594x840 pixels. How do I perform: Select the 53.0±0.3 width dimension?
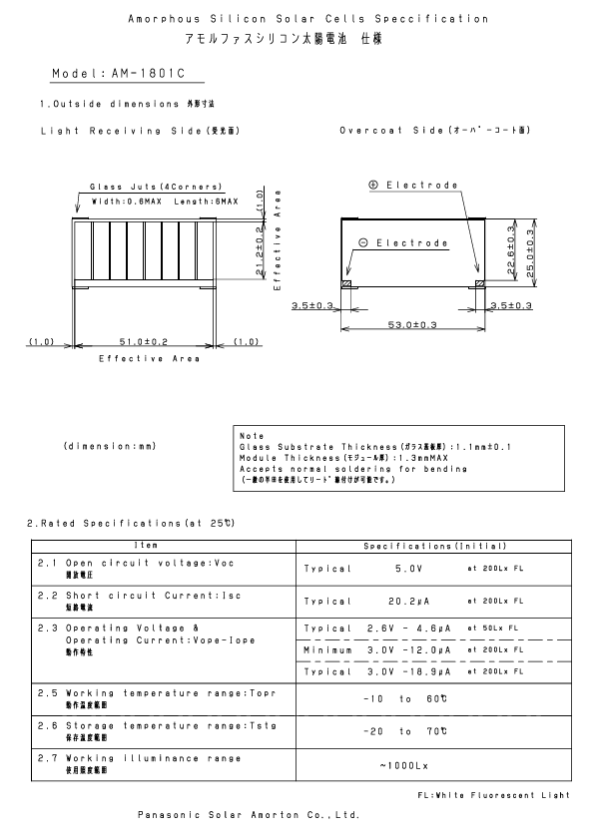[412, 324]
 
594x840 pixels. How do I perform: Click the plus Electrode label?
[412, 186]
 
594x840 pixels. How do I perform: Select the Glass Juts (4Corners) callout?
[156, 187]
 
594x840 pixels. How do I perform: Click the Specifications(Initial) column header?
[435, 546]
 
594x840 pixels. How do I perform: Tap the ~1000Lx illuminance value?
[404, 765]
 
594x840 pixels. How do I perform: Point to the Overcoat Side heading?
[431, 131]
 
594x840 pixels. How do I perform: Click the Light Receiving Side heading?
[140, 131]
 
